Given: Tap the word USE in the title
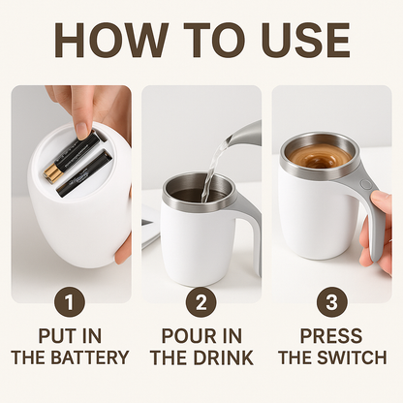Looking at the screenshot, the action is pos(305,40).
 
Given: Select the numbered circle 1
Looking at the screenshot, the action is pos(70,302).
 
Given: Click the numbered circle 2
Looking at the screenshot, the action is pos(201,302).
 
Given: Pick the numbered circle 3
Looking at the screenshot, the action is pos(332,302).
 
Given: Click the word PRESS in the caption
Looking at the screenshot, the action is pos(331,336).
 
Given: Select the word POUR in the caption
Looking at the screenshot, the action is pos(184,336).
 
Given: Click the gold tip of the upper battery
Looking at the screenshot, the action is pos(52,172).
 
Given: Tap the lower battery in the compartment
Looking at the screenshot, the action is pos(84,173).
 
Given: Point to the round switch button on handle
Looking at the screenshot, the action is pos(365,185).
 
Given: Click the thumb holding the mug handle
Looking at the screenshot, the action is pos(381,201).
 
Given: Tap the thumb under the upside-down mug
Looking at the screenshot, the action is pos(123,250).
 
